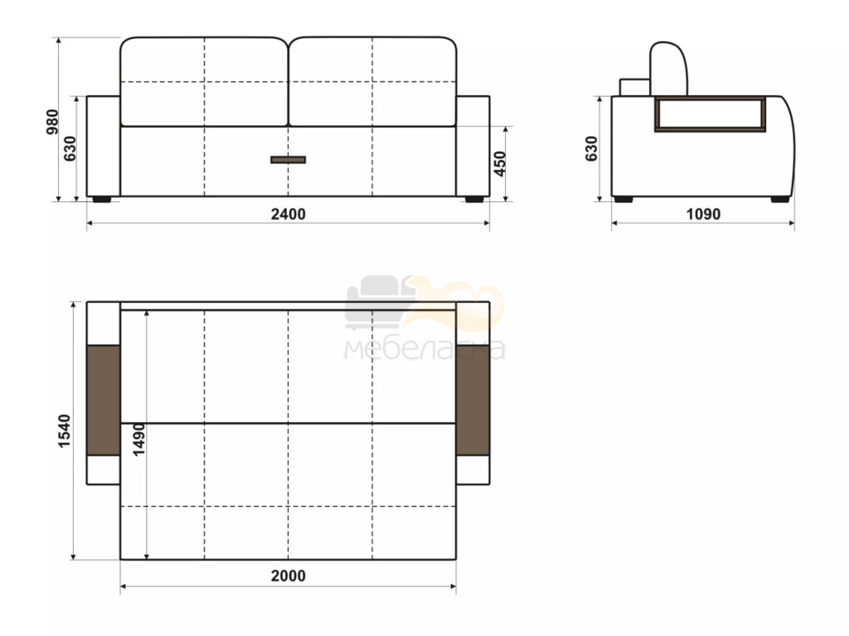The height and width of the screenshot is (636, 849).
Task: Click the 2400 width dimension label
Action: point(288,214)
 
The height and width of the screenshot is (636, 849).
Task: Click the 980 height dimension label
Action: point(52,122)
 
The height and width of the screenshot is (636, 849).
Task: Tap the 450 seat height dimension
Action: point(500,164)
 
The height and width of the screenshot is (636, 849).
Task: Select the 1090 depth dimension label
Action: point(703,214)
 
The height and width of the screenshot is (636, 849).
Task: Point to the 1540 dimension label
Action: point(64,431)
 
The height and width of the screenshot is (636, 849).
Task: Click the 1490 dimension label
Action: point(139,440)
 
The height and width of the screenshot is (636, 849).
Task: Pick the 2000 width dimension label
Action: point(288,576)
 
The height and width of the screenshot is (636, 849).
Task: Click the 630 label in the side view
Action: point(591,149)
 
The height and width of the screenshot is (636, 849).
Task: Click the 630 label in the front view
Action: point(70,149)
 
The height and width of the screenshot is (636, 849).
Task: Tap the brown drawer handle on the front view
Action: point(288,160)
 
